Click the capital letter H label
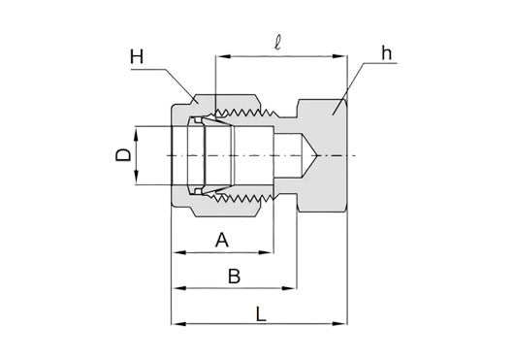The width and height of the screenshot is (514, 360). pos(137,56)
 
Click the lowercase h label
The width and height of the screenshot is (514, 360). pos(387,52)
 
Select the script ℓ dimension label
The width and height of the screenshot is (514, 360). pos(277,44)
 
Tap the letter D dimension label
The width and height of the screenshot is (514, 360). pos(123,154)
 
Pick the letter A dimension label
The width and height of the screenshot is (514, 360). pos(222,240)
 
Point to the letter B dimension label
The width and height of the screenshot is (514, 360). pos(234,277)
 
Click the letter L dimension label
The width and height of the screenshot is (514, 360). pos(261,313)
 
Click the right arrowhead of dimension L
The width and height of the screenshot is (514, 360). pos(340,324)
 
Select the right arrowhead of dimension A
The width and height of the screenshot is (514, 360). pos(266,252)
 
